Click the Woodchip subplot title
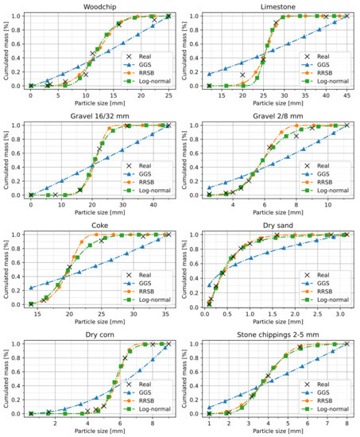pos(99,6)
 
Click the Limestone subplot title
pos(277,6)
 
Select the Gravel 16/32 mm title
pos(99,116)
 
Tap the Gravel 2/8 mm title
pos(277,116)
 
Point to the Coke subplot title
pos(99,225)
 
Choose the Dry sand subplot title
pos(277,225)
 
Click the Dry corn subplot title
pos(99,334)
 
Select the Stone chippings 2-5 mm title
pos(277,334)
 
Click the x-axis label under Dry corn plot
pos(99,431)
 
